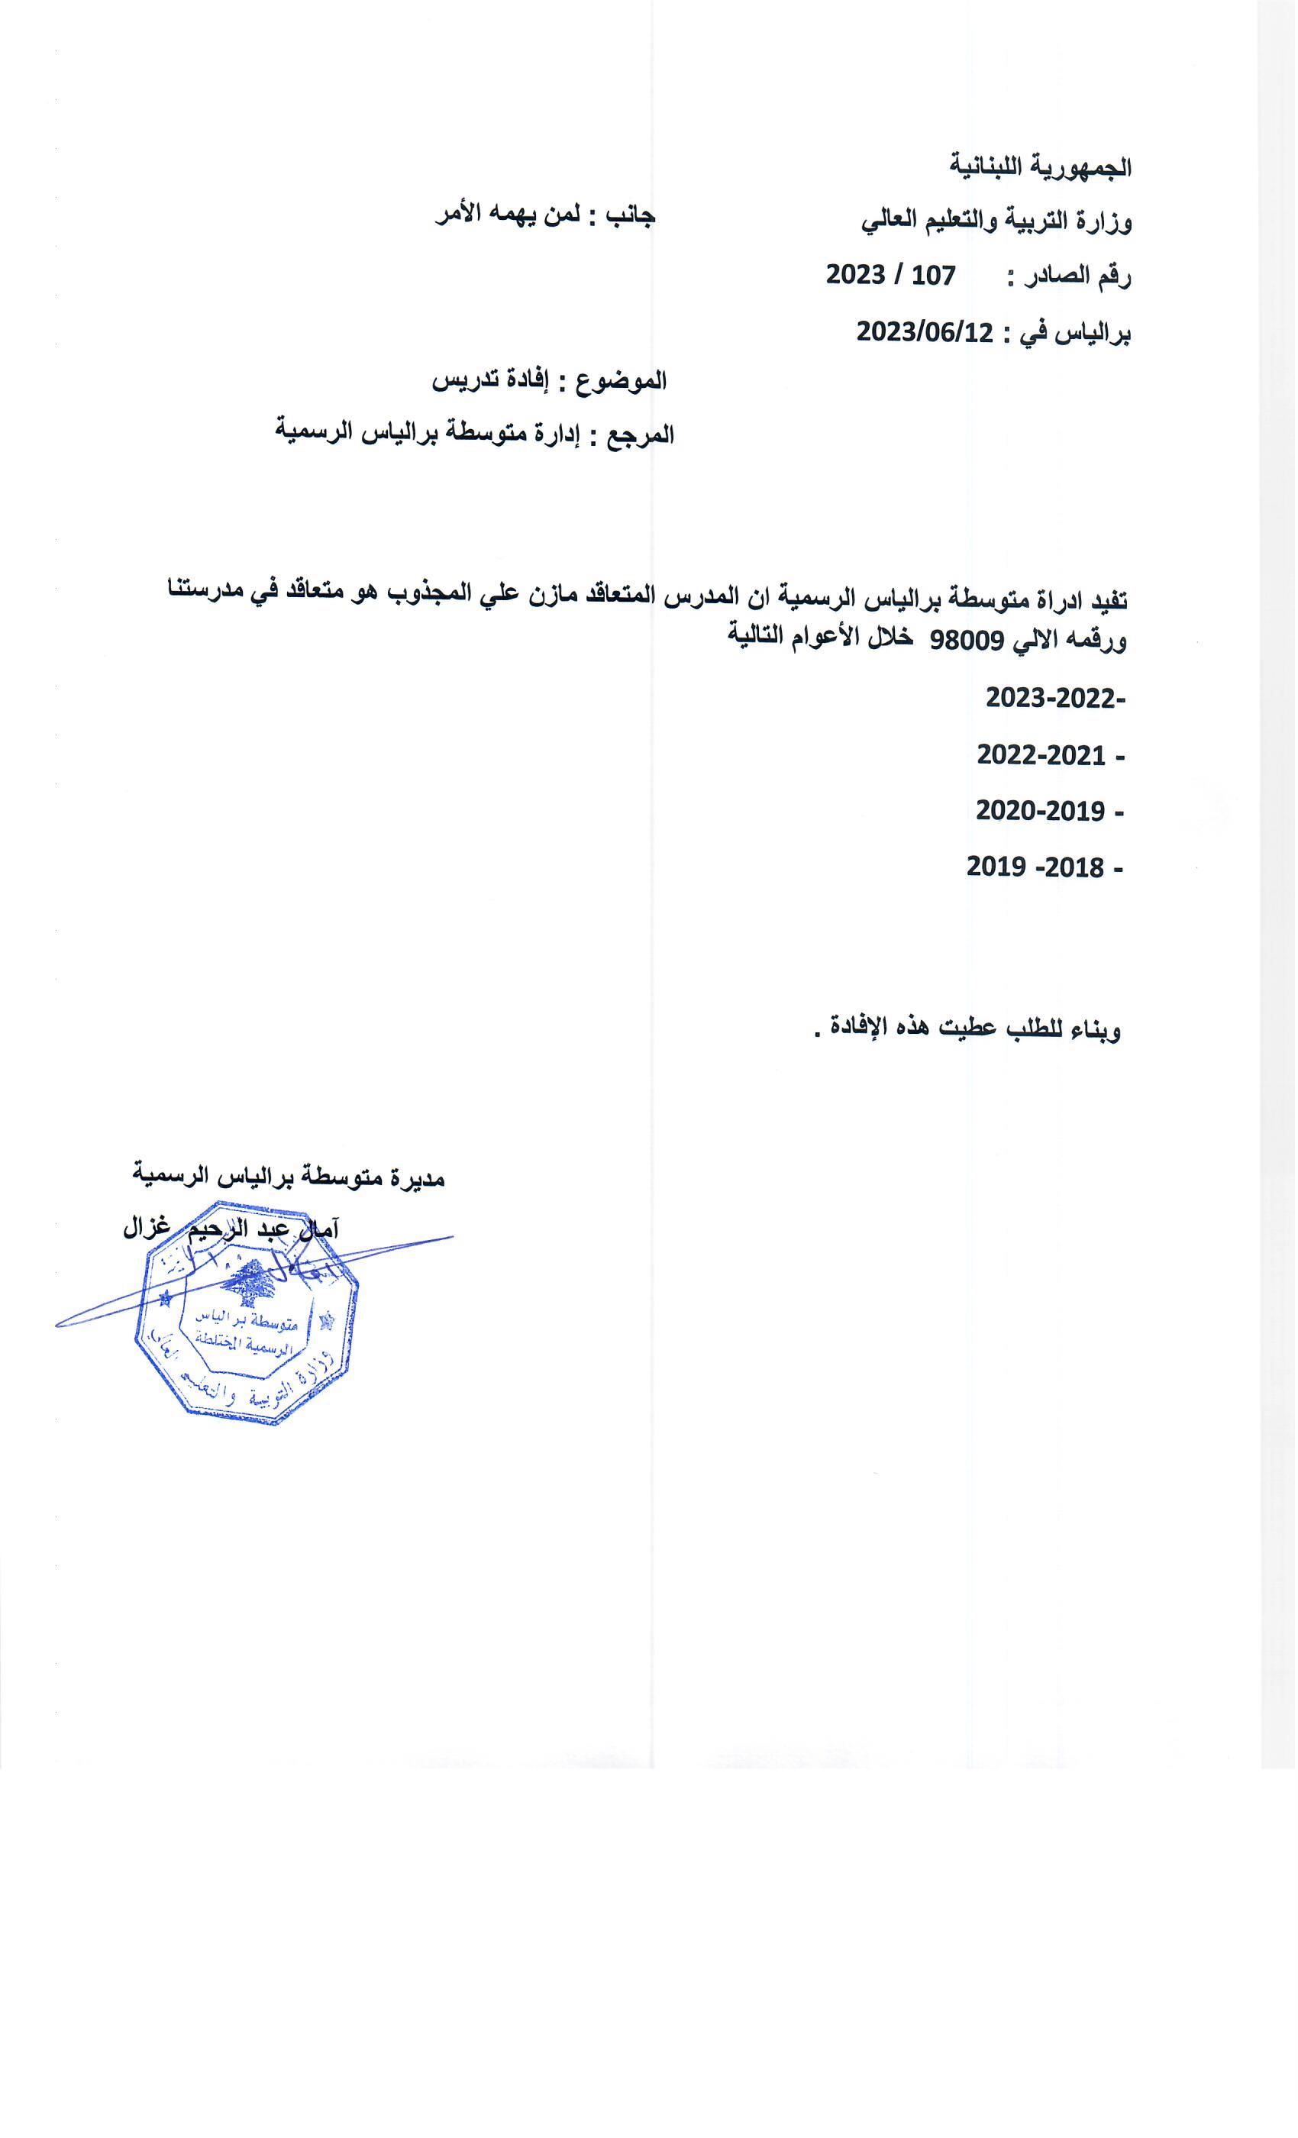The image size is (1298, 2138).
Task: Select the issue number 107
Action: point(927,276)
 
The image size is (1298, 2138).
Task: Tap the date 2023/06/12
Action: point(925,331)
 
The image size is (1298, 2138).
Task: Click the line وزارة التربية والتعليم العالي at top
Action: point(996,222)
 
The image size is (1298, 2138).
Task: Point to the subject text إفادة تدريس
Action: point(496,381)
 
